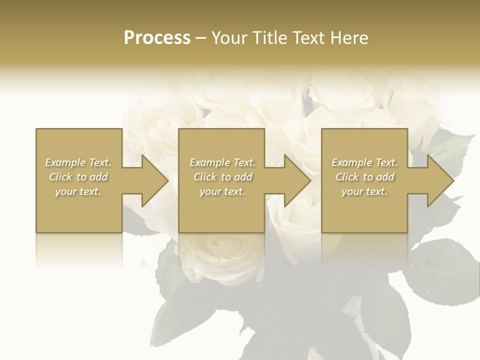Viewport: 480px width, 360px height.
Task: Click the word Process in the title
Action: pyautogui.click(x=157, y=38)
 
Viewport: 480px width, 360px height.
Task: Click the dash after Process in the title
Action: pyautogui.click(x=200, y=38)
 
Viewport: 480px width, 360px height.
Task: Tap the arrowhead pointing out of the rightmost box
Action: pyautogui.click(x=437, y=180)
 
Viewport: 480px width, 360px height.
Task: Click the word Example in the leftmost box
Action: pyautogui.click(x=65, y=162)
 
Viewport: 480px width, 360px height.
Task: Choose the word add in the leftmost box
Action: pyautogui.click(x=98, y=177)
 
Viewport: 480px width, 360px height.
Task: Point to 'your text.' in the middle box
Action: pyautogui.click(x=221, y=191)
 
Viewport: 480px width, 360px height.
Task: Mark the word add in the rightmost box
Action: pyautogui.click(x=385, y=177)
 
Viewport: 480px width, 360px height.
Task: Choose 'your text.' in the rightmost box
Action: pyautogui.click(x=364, y=191)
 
